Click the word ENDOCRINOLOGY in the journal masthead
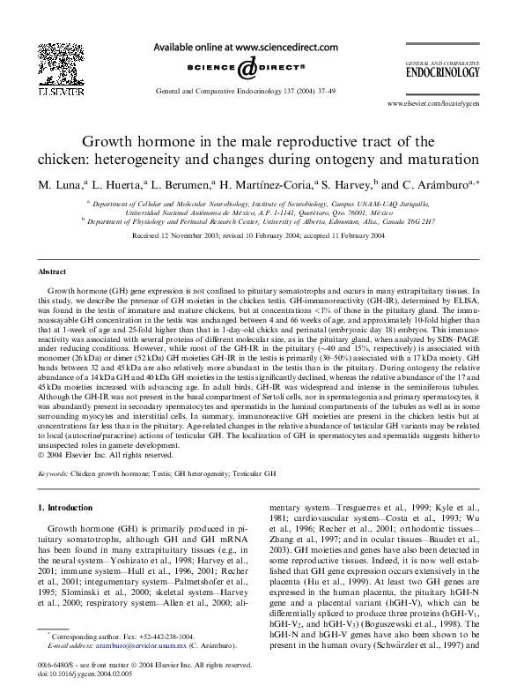click(x=443, y=73)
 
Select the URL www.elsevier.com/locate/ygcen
click(x=433, y=103)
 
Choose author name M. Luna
click(x=61, y=185)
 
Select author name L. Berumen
click(x=182, y=185)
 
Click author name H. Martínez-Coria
click(x=264, y=185)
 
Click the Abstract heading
click(x=52, y=272)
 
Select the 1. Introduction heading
click(x=66, y=508)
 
